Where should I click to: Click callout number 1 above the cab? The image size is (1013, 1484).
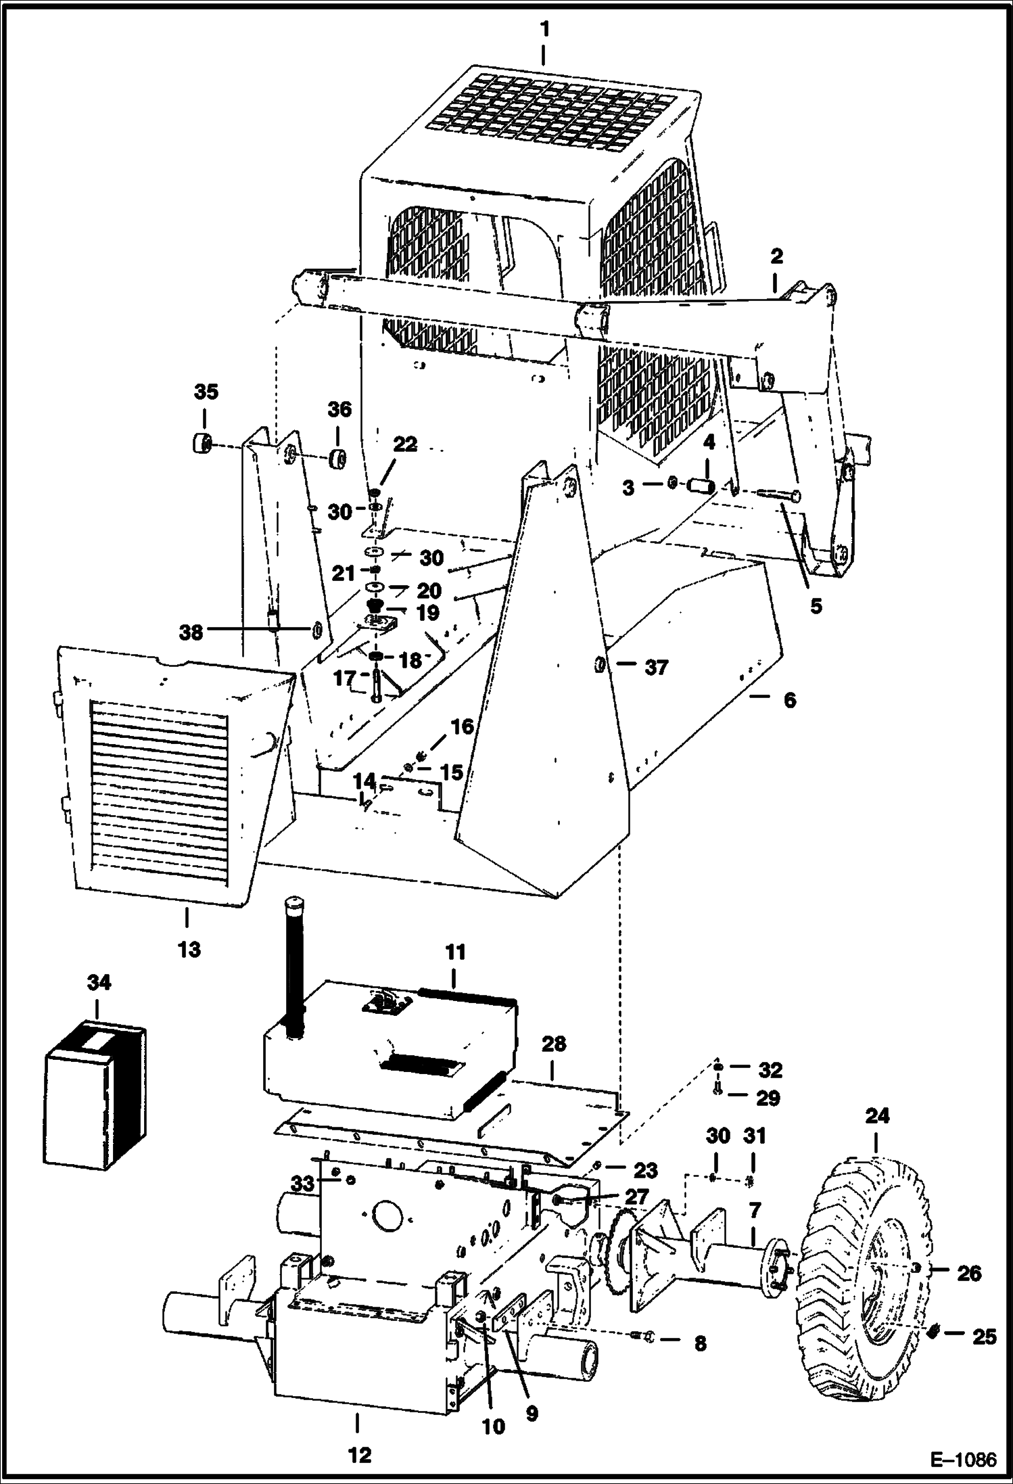(545, 30)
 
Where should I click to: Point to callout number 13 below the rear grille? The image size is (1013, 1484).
(189, 949)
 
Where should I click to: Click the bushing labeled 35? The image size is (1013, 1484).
(200, 445)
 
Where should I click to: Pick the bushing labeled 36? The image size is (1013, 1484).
(338, 458)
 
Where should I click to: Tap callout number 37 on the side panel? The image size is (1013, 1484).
(656, 668)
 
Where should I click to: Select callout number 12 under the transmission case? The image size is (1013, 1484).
(360, 1451)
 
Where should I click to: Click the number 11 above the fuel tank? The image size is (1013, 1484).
(455, 952)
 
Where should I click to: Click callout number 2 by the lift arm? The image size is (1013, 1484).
(776, 256)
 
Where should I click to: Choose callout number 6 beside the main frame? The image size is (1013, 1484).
(789, 700)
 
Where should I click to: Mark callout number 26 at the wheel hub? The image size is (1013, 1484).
(968, 1273)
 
